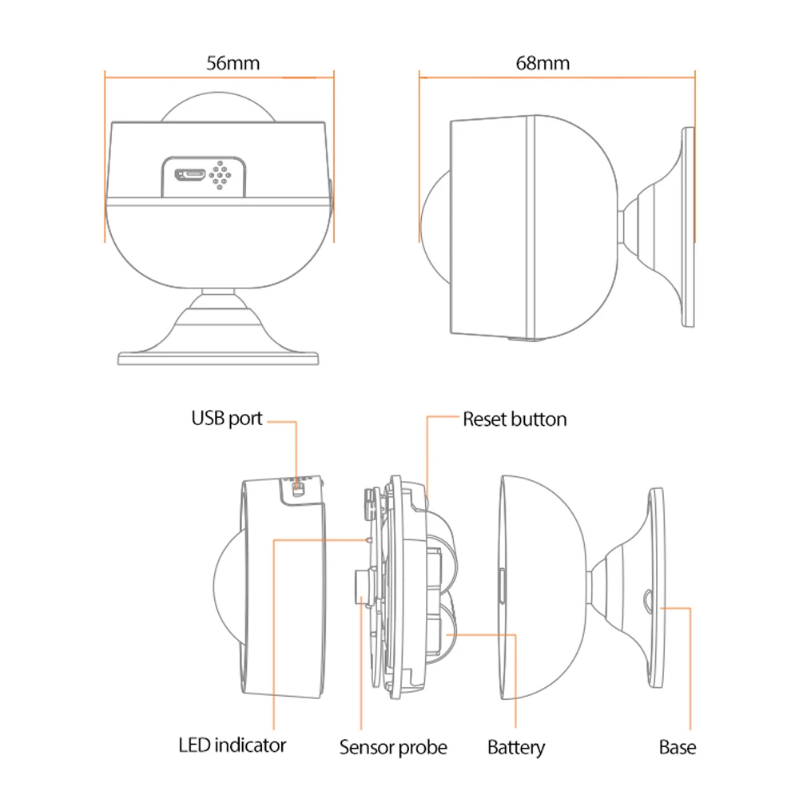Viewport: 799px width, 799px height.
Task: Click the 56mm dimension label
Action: pos(233,62)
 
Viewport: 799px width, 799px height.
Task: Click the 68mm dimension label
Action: pos(543,62)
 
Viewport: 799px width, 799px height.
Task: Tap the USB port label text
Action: pos(226,418)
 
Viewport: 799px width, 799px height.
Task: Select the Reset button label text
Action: pos(515,419)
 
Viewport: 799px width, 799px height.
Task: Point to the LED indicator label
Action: pos(232,745)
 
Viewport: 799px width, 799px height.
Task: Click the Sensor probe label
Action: pos(393,747)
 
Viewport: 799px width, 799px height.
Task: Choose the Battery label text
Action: pos(516,747)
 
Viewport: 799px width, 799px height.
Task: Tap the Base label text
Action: pos(677,747)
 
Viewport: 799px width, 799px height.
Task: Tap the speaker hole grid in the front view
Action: pos(221,174)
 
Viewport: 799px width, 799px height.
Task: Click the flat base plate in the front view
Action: pos(219,357)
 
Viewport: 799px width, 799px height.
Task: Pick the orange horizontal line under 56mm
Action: pos(219,78)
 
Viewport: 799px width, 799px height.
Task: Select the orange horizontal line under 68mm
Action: pos(557,78)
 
